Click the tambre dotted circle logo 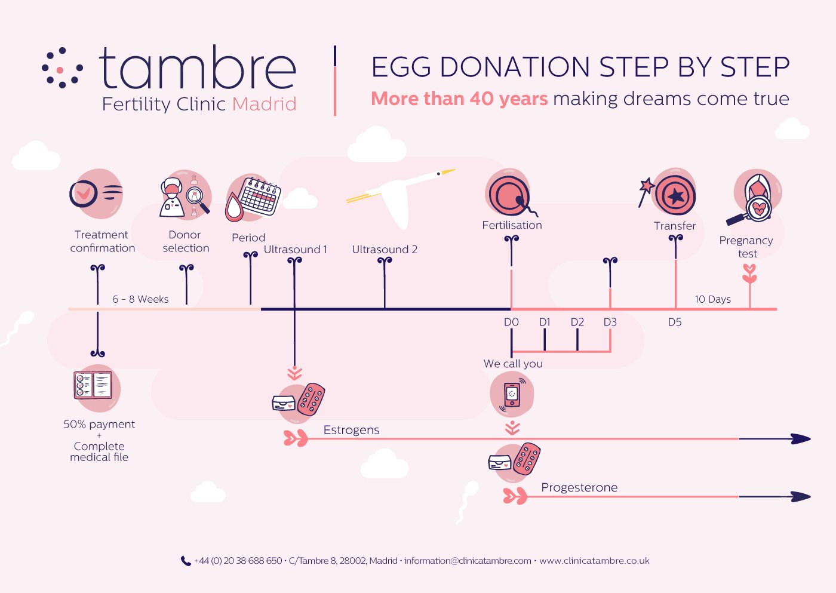click(62, 68)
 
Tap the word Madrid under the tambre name click(264, 104)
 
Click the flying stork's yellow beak click(448, 172)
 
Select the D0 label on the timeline click(511, 322)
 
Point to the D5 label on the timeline click(675, 322)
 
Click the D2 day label click(577, 322)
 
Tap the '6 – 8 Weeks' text click(140, 299)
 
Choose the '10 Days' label click(713, 299)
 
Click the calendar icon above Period click(260, 196)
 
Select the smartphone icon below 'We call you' click(512, 394)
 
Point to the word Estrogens click(351, 430)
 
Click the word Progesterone click(579, 487)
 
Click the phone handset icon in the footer click(186, 561)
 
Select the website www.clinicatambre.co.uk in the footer click(594, 561)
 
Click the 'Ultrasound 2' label click(385, 249)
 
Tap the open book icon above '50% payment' click(93, 385)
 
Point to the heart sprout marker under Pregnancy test click(749, 274)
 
